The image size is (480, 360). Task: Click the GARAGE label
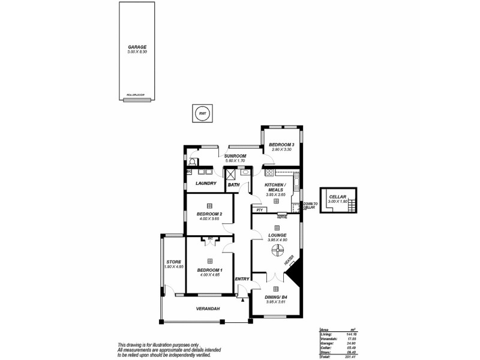click(x=137, y=47)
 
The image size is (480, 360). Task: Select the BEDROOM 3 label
click(x=281, y=145)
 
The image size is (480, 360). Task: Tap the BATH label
click(x=233, y=185)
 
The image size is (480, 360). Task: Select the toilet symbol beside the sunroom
click(x=192, y=161)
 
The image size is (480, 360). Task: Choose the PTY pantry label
click(x=259, y=211)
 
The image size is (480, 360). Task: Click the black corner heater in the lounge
click(x=295, y=277)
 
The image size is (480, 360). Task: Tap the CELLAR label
click(x=338, y=196)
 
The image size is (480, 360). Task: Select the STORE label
click(x=173, y=262)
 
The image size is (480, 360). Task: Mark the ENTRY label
click(x=242, y=278)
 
